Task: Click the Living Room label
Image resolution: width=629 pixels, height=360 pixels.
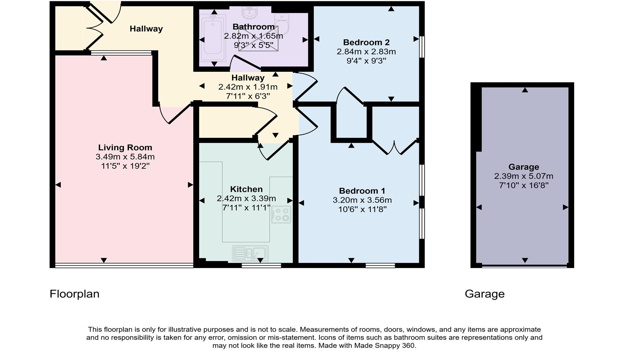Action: (125, 148)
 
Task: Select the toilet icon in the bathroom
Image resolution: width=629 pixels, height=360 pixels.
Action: (282, 23)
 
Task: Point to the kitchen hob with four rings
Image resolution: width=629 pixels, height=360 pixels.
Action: (281, 215)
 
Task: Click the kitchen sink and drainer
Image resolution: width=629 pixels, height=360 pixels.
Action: (250, 253)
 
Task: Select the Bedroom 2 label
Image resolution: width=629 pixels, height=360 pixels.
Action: (366, 42)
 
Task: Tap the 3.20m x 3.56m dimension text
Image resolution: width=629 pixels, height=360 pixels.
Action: (362, 200)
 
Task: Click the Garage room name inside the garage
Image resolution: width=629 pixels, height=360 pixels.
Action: (524, 167)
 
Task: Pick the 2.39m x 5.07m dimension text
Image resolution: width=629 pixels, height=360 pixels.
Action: (524, 176)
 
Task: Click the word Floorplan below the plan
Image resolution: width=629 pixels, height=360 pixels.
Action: (74, 294)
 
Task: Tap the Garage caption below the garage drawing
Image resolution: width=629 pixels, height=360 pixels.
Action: (484, 294)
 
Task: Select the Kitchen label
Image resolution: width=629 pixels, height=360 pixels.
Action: (246, 189)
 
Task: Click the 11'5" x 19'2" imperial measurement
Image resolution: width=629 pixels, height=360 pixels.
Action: (125, 166)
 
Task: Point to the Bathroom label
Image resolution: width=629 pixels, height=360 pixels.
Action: (253, 27)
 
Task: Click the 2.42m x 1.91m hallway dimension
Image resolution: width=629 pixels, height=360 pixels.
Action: (248, 87)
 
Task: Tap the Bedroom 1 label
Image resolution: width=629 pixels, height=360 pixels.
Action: (362, 191)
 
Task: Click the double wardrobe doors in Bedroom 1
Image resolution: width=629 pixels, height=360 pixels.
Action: (394, 148)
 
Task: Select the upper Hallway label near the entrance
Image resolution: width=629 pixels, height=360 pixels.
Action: (146, 29)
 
